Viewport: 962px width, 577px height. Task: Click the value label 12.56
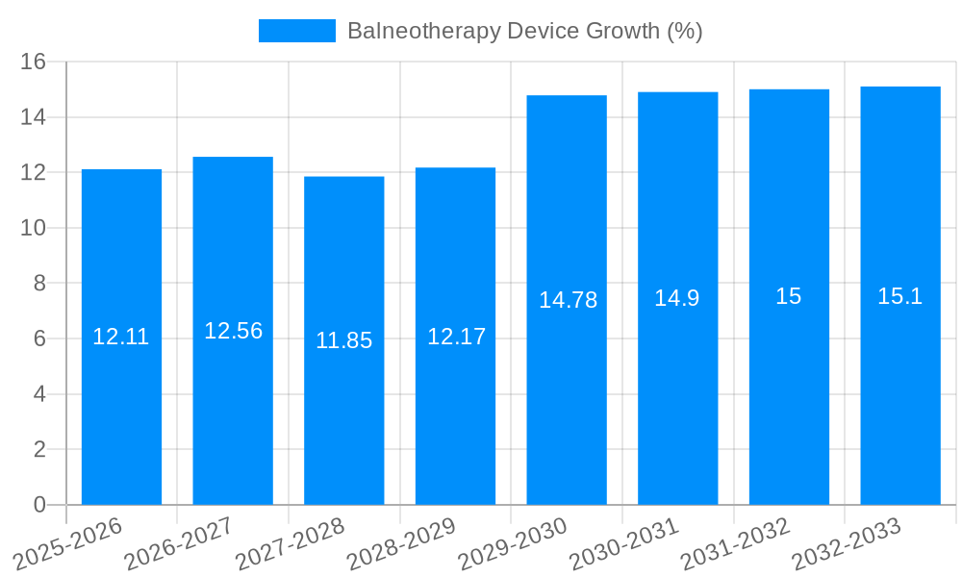[233, 331]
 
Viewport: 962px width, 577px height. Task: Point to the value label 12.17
[456, 337]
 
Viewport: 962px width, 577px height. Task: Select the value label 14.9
[677, 298]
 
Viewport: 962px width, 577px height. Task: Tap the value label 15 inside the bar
[789, 296]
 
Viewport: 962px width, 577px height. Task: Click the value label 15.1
[900, 296]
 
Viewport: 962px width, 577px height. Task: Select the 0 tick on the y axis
[39, 505]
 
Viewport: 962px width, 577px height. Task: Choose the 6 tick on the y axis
[39, 339]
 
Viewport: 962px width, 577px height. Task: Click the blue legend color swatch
[296, 31]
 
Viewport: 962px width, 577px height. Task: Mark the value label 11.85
[343, 340]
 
